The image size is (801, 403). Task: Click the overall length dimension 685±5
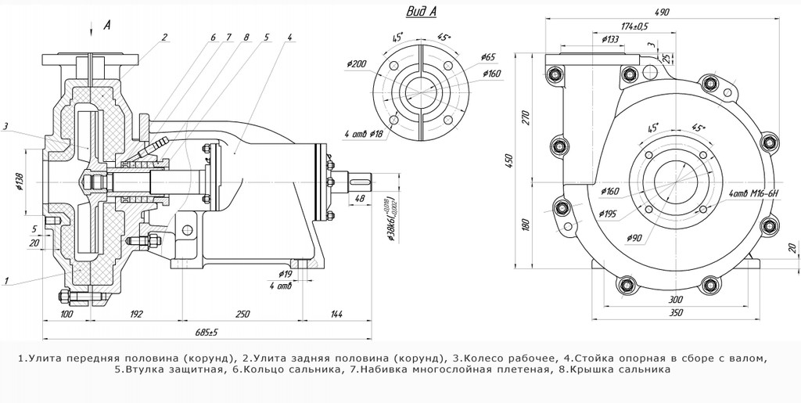pyautogui.click(x=206, y=333)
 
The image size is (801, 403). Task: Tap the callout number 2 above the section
pyautogui.click(x=165, y=37)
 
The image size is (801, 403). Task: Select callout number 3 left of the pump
pyautogui.click(x=5, y=125)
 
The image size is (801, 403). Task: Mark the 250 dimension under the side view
pyautogui.click(x=242, y=314)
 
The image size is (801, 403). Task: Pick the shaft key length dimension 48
pyautogui.click(x=360, y=199)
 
